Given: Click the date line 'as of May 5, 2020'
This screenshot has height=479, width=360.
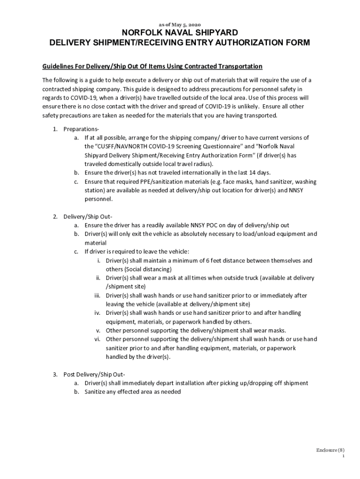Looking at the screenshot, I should tap(180, 24).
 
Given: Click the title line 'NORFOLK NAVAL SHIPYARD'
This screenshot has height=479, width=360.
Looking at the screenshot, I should tap(180, 33).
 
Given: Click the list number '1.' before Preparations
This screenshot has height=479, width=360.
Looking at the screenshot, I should tap(55, 129).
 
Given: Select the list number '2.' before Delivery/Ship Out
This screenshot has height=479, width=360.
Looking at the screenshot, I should tap(55, 217).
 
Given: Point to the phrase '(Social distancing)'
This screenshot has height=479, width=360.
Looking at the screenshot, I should tap(138, 269).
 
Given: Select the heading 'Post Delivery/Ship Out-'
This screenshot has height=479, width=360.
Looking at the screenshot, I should tap(94, 375).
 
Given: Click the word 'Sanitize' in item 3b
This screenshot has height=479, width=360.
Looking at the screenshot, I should tap(95, 392).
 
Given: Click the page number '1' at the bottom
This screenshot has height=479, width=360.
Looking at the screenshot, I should tap(343, 457).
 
